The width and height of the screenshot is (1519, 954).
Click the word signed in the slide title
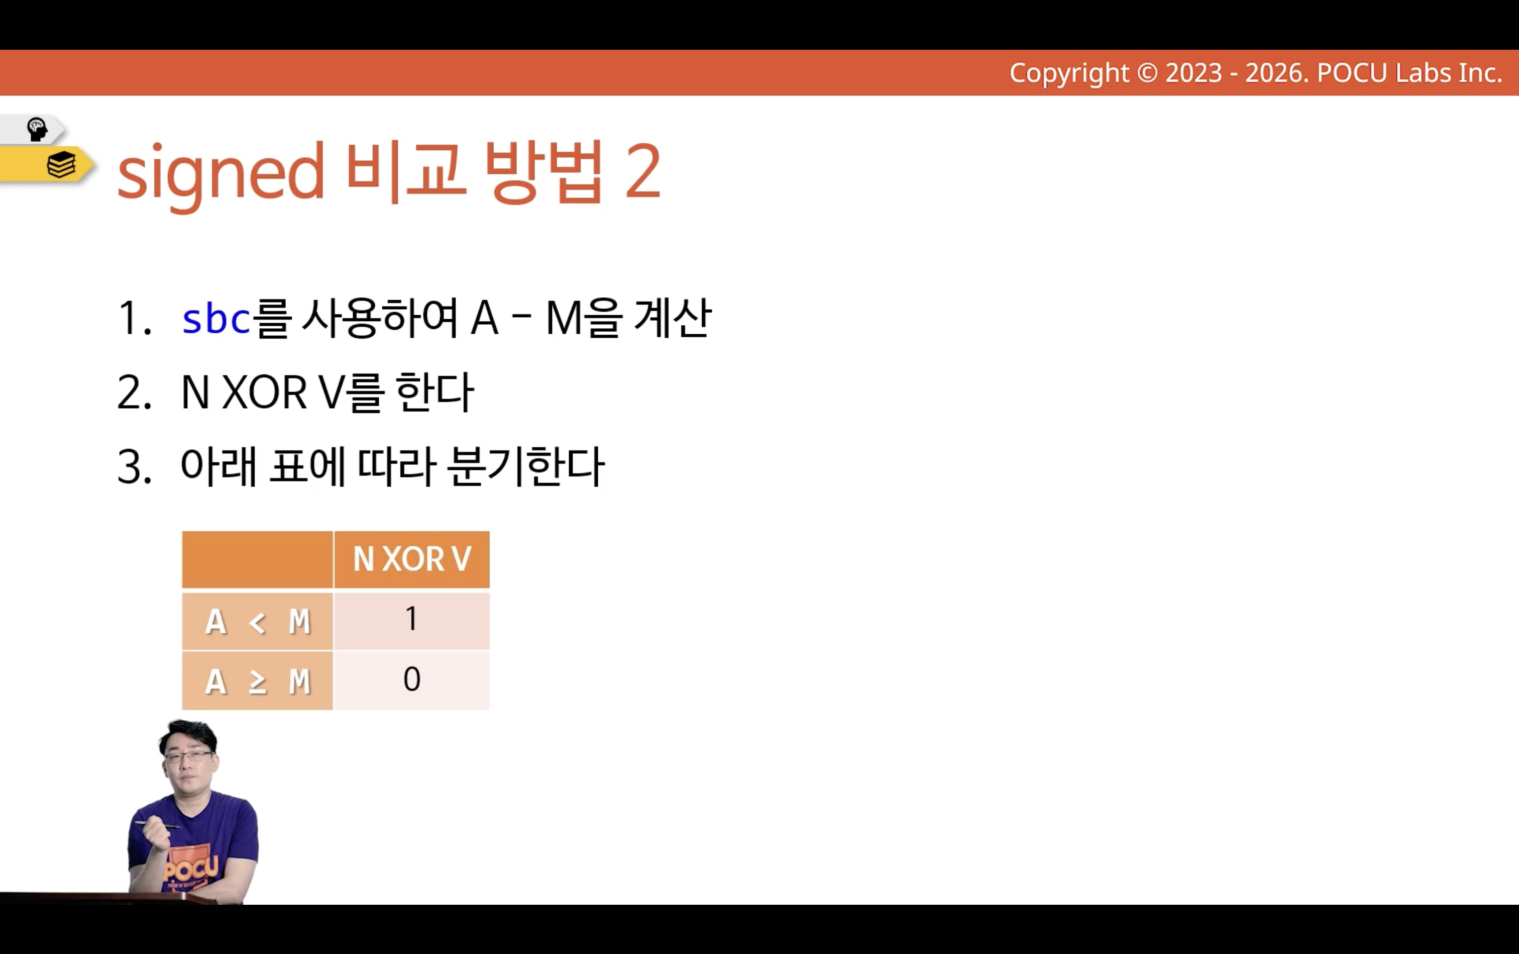point(221,173)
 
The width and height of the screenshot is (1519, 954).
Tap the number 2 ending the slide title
point(642,170)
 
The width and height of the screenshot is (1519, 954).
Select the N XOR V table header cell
point(412,559)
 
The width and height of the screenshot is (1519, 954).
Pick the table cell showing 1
point(412,620)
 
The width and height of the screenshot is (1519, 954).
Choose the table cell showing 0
point(412,680)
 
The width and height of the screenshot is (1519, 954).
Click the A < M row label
point(257,621)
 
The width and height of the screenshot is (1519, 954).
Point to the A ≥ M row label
point(257,681)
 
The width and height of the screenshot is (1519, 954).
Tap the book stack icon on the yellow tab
point(61,165)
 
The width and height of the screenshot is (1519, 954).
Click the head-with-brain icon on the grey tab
point(37,129)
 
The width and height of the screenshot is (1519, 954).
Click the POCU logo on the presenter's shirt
point(192,869)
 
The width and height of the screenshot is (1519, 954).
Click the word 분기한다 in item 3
point(526,467)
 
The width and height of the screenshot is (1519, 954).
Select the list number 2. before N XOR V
point(134,393)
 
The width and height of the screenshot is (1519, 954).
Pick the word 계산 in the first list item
point(673,317)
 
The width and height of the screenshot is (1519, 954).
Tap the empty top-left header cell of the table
point(257,559)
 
